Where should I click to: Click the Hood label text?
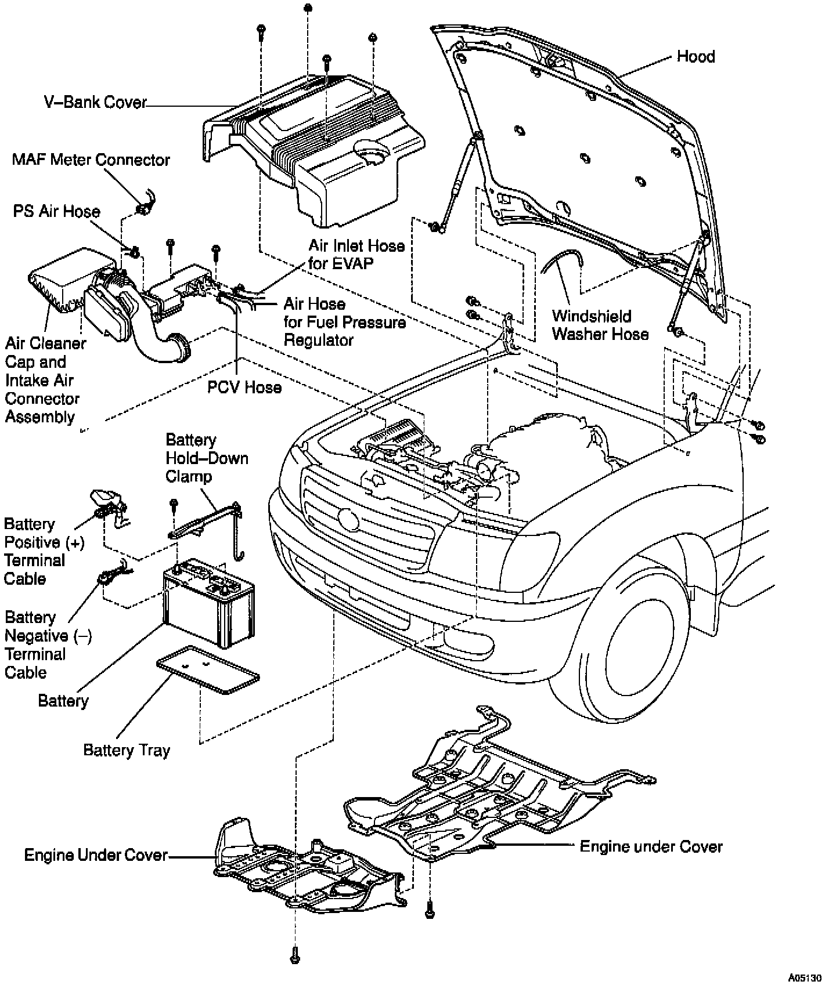coord(696,57)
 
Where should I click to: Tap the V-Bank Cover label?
coord(96,102)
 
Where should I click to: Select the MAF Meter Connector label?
coord(91,160)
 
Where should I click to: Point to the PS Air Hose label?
coord(57,211)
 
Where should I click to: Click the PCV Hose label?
coord(244,387)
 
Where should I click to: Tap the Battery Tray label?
coord(127,750)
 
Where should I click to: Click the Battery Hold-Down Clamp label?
coord(207,458)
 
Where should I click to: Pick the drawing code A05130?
coord(805,977)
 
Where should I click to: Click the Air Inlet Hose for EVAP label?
coord(356,254)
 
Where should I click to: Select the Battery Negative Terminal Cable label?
coord(48,644)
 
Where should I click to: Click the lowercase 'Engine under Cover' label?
coord(651,846)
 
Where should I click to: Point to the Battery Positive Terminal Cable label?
coord(44,551)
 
